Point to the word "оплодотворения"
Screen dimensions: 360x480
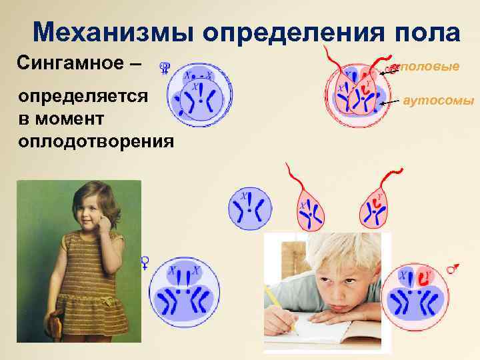pyautogui.click(x=97, y=141)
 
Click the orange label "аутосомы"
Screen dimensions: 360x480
pyautogui.click(x=438, y=101)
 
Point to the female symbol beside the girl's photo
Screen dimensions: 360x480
pyautogui.click(x=144, y=262)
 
